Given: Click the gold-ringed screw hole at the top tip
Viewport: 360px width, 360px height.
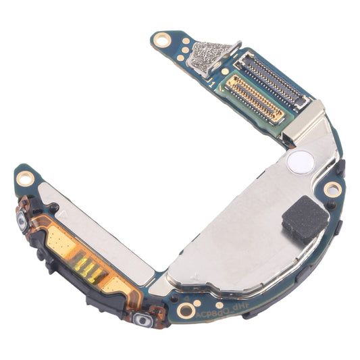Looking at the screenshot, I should (161, 40).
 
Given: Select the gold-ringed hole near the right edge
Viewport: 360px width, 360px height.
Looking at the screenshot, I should (331, 190).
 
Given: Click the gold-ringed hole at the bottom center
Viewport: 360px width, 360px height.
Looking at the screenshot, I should (186, 310).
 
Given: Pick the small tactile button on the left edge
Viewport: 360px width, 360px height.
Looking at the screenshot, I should (21, 222).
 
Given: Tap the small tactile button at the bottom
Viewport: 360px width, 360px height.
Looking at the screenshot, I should (142, 319).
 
